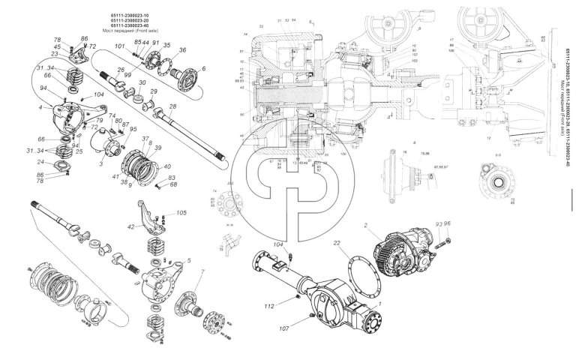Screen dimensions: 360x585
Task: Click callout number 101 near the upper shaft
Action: tap(119, 46)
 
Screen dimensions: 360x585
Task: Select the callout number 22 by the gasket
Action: tap(338, 242)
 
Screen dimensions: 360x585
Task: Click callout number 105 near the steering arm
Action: tap(181, 213)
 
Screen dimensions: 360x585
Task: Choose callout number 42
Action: tap(130, 226)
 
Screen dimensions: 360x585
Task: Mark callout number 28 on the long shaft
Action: tap(172, 107)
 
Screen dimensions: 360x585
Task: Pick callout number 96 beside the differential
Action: tap(448, 223)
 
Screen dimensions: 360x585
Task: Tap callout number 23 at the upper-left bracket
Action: tap(55, 55)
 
